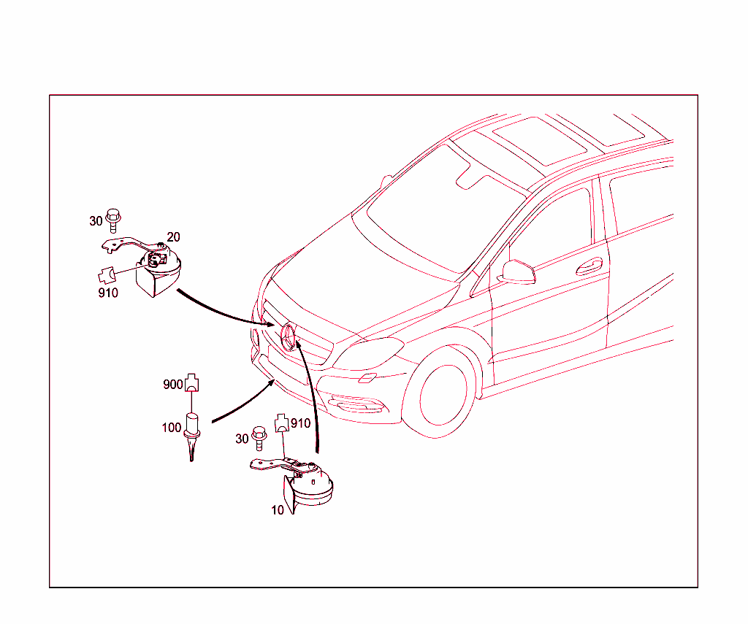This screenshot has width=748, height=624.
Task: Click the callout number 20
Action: click(x=173, y=237)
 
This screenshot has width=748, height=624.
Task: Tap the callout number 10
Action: click(x=278, y=510)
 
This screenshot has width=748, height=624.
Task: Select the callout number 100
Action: click(x=172, y=428)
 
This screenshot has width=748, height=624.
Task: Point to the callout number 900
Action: click(x=172, y=384)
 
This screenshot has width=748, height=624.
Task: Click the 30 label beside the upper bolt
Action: click(x=96, y=221)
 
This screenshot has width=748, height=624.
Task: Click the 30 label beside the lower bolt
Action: click(x=243, y=439)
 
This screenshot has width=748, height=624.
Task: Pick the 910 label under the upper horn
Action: click(x=108, y=293)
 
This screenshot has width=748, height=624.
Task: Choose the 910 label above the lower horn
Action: click(x=300, y=423)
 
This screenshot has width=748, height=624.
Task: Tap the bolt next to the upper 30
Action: click(x=113, y=220)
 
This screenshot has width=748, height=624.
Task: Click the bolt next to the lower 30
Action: click(x=259, y=438)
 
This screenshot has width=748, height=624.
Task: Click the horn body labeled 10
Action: click(x=308, y=488)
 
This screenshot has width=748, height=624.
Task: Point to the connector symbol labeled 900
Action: click(x=192, y=382)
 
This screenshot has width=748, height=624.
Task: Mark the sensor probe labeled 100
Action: click(x=192, y=436)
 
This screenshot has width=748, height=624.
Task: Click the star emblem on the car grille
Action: click(x=289, y=336)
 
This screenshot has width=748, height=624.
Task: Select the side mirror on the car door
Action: click(x=516, y=272)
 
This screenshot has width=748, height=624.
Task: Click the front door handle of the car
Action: click(x=589, y=266)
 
